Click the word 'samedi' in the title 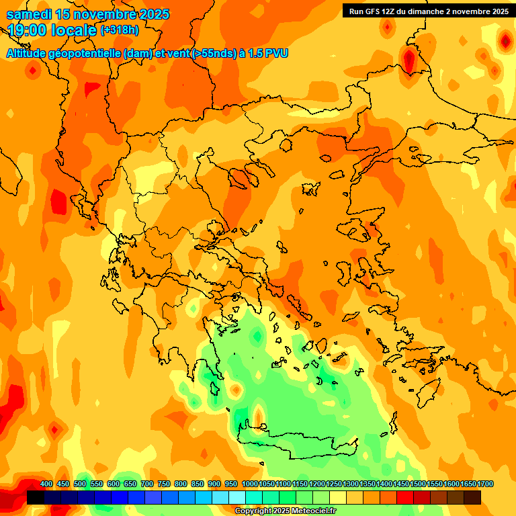30,14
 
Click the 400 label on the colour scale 46,484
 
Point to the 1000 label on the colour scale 250,484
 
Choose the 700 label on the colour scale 147,484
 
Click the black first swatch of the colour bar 36,498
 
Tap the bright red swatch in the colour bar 405,498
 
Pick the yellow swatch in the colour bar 338,498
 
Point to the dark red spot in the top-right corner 505,42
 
